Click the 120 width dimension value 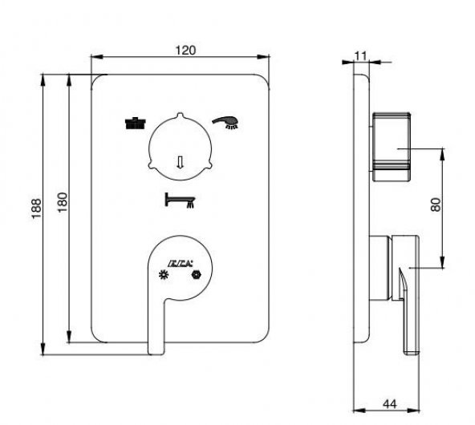point(185,49)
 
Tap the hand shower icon point(226,122)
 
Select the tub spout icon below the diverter point(180,200)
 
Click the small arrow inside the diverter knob point(181,160)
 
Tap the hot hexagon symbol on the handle point(195,276)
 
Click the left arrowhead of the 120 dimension point(93,57)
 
